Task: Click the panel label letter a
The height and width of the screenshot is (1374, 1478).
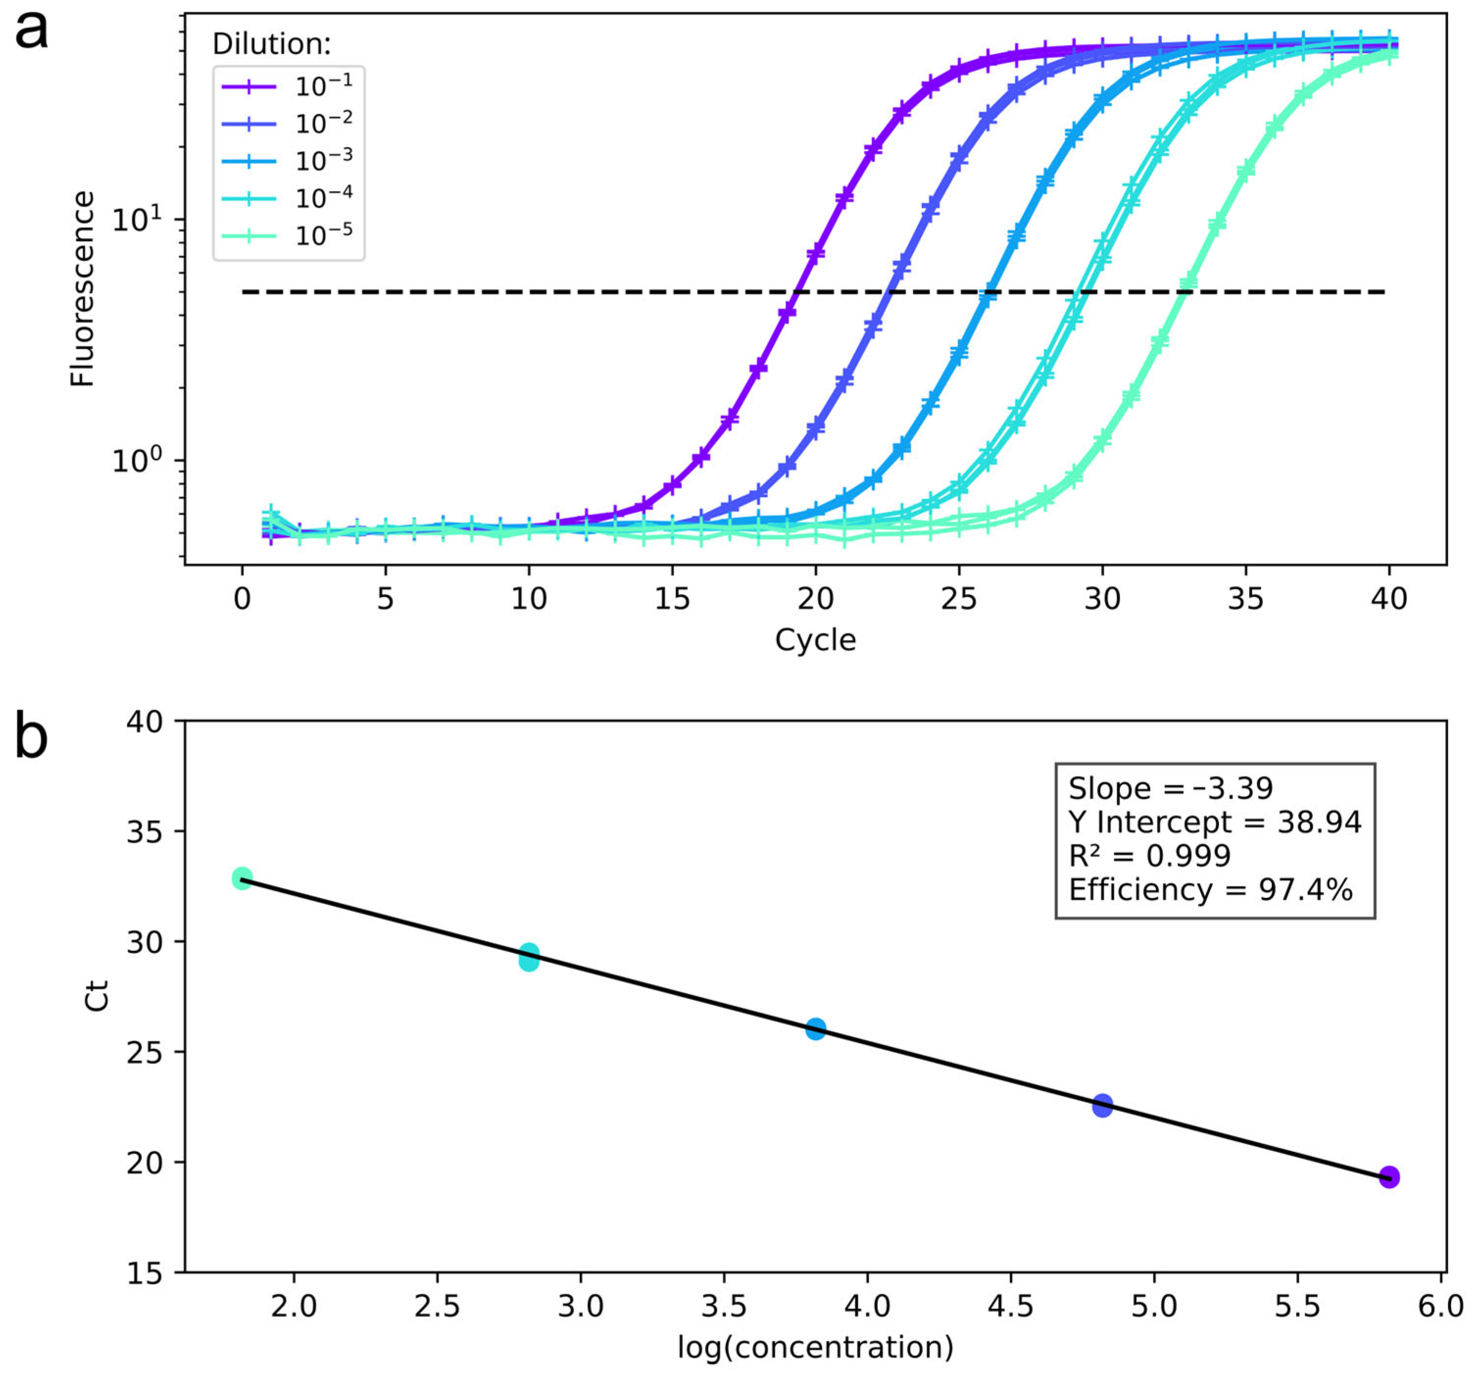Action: click(31, 31)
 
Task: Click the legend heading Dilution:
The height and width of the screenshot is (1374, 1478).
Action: click(271, 45)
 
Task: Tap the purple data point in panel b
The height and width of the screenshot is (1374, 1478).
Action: click(1389, 1177)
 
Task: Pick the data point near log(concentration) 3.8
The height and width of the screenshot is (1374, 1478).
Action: click(816, 1029)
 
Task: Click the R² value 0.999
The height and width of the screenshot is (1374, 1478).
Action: click(1189, 856)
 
